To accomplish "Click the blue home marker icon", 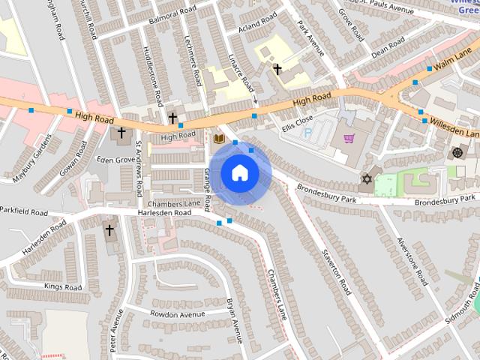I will click(240, 173).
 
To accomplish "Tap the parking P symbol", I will click(307, 132).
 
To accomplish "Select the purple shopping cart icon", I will click(349, 138).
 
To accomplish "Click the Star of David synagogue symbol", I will click(367, 178).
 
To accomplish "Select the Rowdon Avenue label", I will click(178, 313).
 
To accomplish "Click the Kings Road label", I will click(62, 286).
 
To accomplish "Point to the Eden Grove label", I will click(115, 160).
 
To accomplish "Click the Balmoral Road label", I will click(171, 17).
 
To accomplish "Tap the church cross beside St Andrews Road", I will click(121, 133).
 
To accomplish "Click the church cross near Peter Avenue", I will click(109, 229).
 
